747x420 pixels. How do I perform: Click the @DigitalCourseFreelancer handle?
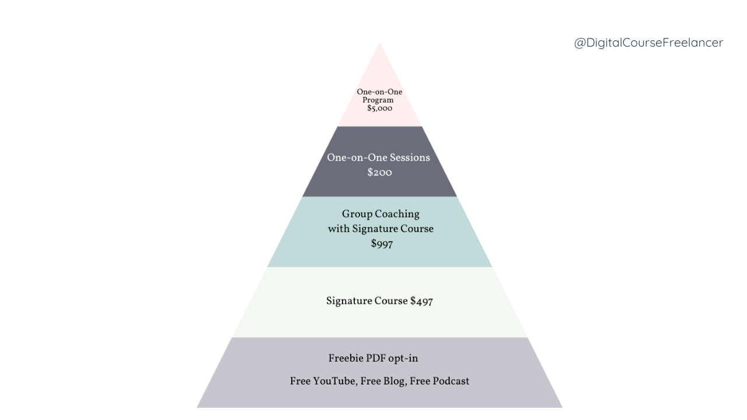(x=648, y=43)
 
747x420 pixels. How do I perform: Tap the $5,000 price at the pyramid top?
(x=379, y=108)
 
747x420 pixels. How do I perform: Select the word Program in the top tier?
(x=378, y=100)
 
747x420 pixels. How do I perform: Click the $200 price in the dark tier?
(x=379, y=173)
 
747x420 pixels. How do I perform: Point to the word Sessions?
(x=410, y=157)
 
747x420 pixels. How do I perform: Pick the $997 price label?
(x=382, y=244)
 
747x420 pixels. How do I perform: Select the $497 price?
(x=421, y=301)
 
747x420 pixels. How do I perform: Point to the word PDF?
(x=376, y=358)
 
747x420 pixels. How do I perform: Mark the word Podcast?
(x=449, y=381)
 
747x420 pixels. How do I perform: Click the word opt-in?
(x=403, y=358)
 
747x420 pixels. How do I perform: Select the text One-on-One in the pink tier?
(x=379, y=92)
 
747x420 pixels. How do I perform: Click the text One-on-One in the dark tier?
(x=356, y=157)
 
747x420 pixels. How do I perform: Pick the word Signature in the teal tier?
(x=375, y=229)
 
